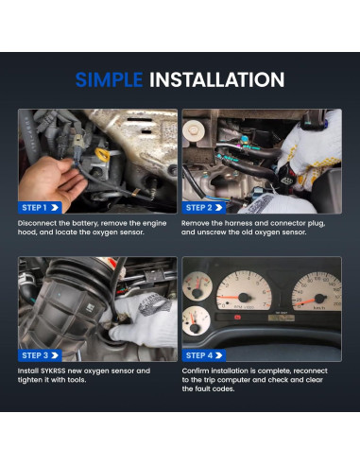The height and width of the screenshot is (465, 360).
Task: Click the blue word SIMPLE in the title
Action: (x=109, y=79)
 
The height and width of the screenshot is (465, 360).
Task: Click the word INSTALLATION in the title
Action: (x=216, y=79)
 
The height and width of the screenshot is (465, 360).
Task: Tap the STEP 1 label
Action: (x=40, y=208)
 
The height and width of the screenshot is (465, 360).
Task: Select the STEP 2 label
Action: (x=204, y=208)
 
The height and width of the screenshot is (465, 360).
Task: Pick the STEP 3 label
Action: (x=40, y=355)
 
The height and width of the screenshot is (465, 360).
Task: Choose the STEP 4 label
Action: (x=204, y=355)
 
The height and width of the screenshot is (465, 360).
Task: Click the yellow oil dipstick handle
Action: (x=103, y=154)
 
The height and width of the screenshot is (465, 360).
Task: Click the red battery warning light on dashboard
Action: (x=237, y=317)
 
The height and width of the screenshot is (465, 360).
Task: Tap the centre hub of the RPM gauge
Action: (x=244, y=298)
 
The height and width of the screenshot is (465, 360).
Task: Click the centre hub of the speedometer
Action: (x=319, y=299)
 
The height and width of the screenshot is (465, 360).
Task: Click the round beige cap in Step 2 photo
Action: (x=194, y=129)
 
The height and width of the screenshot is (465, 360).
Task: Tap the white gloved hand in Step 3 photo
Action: (x=145, y=319)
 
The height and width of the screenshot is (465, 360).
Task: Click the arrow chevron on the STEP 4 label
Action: (x=218, y=355)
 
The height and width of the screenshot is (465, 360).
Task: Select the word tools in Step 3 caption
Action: (x=77, y=380)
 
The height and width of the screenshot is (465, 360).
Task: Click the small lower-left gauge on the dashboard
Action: (x=196, y=320)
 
